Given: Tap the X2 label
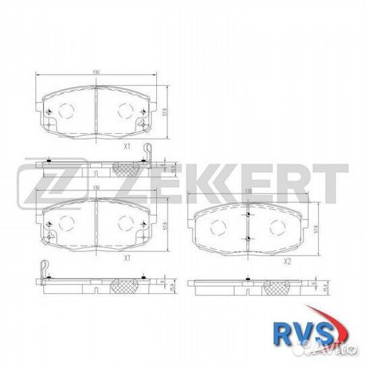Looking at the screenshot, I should coord(287,260).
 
